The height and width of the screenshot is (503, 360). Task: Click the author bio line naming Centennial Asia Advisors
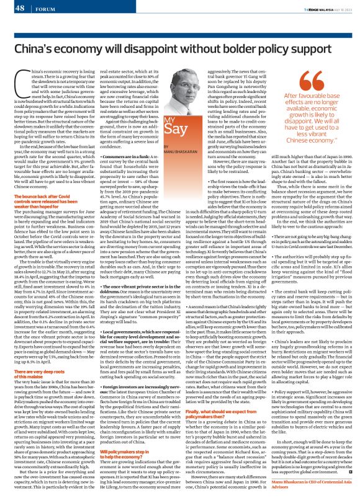tap(307, 484)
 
